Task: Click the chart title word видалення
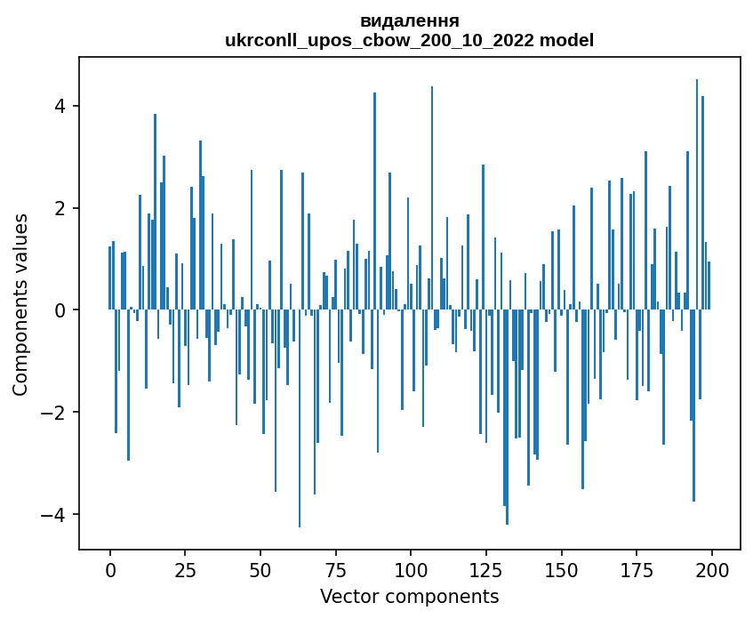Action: [409, 20]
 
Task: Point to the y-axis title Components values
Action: [20, 304]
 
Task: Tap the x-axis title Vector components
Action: [409, 596]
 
